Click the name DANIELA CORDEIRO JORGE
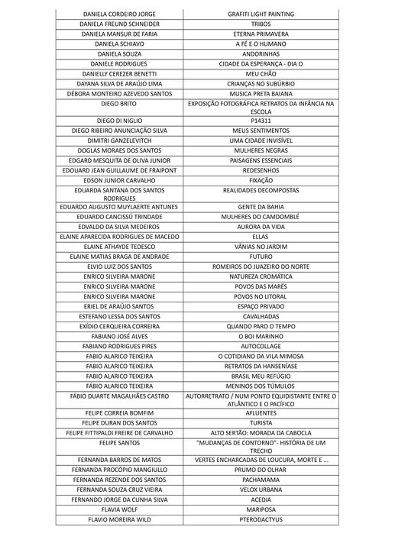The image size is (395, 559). coord(119,15)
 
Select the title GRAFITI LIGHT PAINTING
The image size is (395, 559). coord(261,15)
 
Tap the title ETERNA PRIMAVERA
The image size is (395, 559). coord(261,34)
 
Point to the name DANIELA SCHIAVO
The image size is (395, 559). coord(119,44)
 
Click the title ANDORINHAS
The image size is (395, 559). coord(261,54)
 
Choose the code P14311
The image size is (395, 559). coord(261,121)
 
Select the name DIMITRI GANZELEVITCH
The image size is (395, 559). coord(119,141)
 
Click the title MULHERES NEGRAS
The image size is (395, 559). coord(261,150)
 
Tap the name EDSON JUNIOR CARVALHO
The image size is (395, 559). coord(119,180)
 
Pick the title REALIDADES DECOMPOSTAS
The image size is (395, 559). coord(261,190)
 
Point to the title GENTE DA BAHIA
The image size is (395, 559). coord(261,207)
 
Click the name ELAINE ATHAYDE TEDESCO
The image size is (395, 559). coord(119,247)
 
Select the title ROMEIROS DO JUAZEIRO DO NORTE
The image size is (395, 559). coord(261,267)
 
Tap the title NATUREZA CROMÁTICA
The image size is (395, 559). coord(261,276)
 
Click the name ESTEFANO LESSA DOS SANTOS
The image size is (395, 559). coord(119,316)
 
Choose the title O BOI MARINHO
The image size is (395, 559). coord(261,336)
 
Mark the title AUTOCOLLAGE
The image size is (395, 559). coord(261,346)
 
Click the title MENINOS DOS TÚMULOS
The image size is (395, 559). coord(261,386)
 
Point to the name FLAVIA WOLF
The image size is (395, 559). coord(119,509)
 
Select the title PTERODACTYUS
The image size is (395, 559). coord(261,519)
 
